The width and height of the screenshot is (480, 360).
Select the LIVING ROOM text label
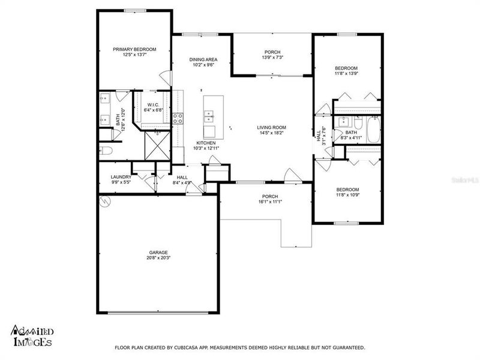271,127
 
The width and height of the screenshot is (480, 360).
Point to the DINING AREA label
203,59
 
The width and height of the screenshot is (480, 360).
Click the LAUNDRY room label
121,177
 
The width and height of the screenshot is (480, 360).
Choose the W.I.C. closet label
152,105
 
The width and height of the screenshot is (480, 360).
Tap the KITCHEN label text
204,142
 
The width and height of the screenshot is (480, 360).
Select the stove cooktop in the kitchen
178,118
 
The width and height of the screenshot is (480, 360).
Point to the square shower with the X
158,145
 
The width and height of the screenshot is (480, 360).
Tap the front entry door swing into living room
292,176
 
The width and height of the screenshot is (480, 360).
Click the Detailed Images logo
31,335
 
